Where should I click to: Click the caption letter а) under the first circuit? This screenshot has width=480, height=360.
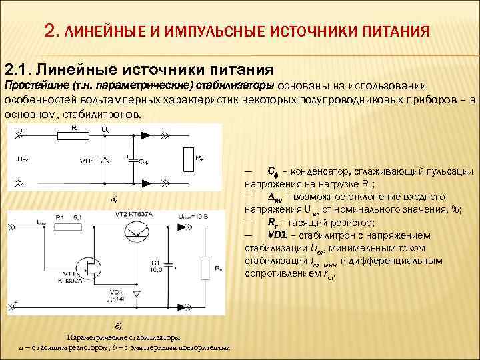tap(113, 199)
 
